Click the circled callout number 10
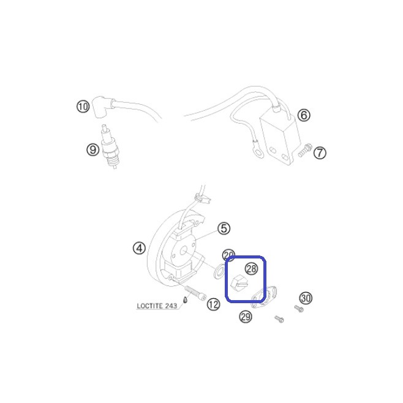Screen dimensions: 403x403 tap(83, 106)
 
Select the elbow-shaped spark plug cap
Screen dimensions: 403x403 tap(102, 107)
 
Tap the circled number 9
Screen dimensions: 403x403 tap(92, 149)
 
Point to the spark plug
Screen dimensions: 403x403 tap(111, 147)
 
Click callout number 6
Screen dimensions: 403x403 tap(304, 115)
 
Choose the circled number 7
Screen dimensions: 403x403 tap(320, 153)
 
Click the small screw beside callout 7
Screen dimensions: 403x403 tap(305, 151)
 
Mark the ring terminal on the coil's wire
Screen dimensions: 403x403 tap(258, 154)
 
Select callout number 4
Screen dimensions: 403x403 tap(139, 248)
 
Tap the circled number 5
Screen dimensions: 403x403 tap(224, 228)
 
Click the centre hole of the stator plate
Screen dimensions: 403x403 tap(183, 251)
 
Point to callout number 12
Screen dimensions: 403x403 tap(213, 304)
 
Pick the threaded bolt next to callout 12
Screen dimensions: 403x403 tap(195, 293)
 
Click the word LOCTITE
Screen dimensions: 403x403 tap(149, 306)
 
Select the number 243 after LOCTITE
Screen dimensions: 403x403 tap(171, 306)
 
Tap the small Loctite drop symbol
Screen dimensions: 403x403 tap(184, 299)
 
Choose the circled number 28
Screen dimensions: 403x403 tap(251, 269)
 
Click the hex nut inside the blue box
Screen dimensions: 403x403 tap(239, 283)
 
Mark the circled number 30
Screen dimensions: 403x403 tap(306, 298)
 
